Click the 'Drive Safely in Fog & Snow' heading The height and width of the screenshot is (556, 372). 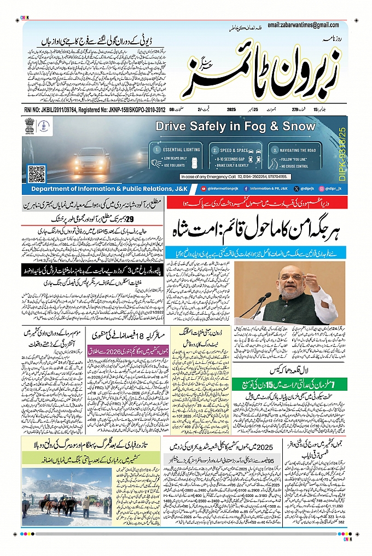point(235,126)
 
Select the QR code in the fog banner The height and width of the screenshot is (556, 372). point(37,173)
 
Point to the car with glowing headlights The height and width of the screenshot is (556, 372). point(91,160)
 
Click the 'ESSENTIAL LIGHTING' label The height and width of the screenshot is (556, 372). point(174,149)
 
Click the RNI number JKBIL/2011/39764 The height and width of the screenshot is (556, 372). point(56,110)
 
